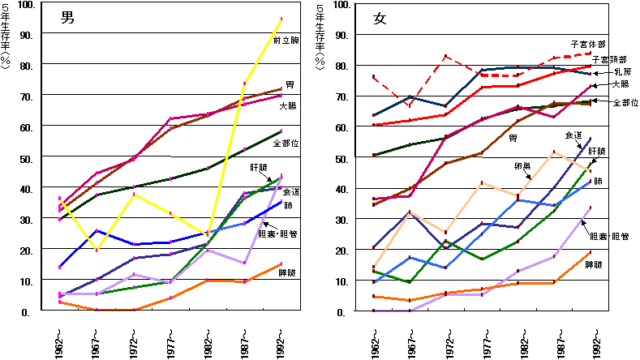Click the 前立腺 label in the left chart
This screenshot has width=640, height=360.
pos(286,40)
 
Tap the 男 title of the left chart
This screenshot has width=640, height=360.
pos(67,17)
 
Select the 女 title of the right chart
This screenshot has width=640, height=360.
pos(380,18)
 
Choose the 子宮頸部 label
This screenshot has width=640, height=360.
pos(608,59)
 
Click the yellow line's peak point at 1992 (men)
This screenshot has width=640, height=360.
pos(281,19)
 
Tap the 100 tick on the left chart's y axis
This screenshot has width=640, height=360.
pos(27,5)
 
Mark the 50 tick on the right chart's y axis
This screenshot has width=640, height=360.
pos(341,158)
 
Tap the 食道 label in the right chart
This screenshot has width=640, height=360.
pos(573,135)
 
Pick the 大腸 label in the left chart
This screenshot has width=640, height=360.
pos(288,105)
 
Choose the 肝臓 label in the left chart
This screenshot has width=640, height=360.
pos(260,166)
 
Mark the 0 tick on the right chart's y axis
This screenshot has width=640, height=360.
pos(344,311)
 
